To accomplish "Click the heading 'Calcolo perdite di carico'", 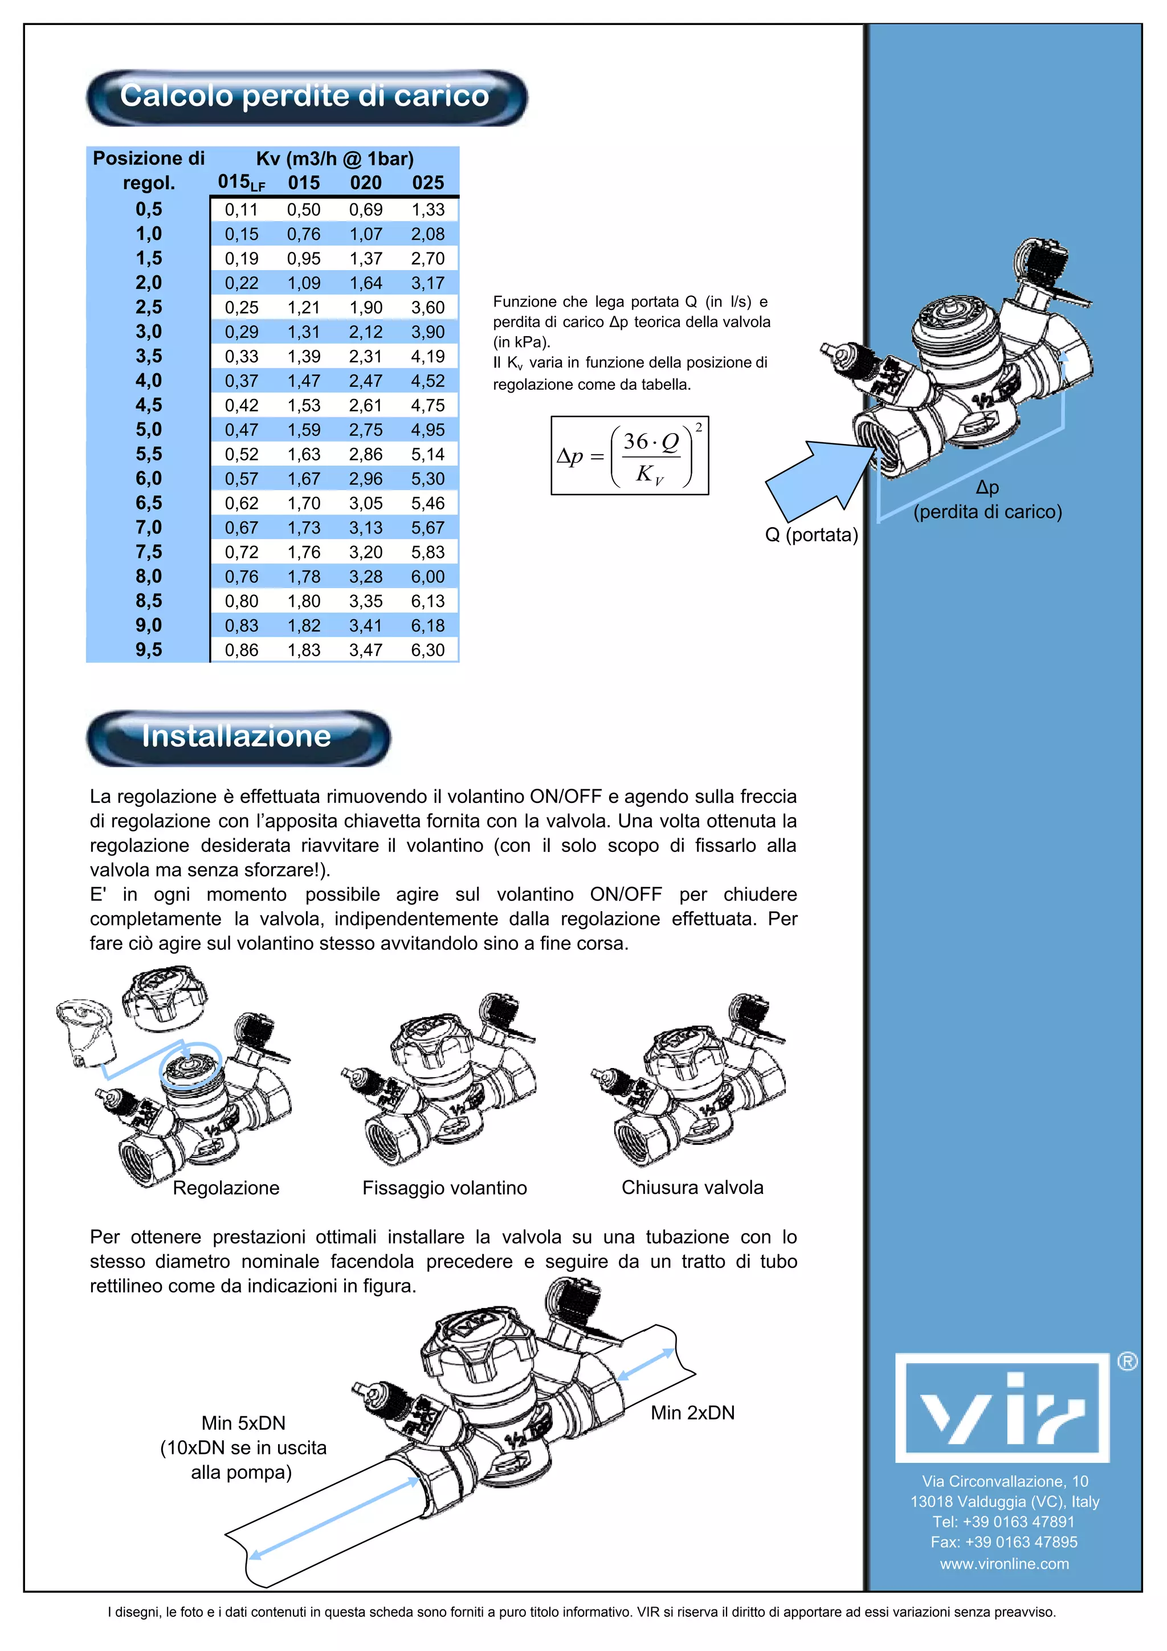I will [305, 96].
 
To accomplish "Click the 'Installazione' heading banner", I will [237, 736].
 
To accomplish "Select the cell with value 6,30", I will [428, 650].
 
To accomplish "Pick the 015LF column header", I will [242, 182].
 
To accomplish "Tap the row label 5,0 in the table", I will [149, 430].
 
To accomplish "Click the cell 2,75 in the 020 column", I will [366, 430].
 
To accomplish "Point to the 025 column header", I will [428, 182].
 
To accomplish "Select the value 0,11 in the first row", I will [242, 210].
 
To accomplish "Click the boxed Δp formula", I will [630, 456].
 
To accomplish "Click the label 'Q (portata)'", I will [811, 535].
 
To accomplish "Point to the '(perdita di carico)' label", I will [988, 512].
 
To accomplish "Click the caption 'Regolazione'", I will [226, 1188].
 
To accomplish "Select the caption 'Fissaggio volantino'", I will [444, 1188].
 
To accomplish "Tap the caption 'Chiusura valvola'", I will [692, 1187].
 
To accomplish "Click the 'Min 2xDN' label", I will [692, 1413].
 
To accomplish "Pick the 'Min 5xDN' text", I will [243, 1423].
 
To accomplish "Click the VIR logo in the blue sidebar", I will [1002, 1408].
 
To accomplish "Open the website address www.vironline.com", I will [1004, 1564].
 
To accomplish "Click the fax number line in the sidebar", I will [1004, 1542].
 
